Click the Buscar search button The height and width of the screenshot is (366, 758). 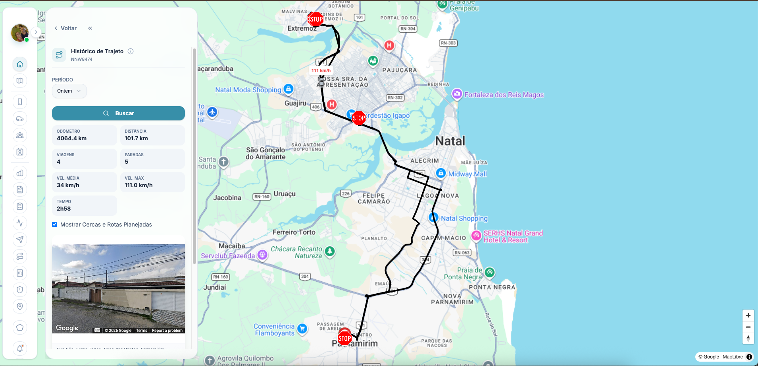click(x=118, y=113)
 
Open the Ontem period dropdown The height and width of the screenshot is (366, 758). click(x=69, y=91)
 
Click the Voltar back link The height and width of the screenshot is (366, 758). click(x=65, y=28)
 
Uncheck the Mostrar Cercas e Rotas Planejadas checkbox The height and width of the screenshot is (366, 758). click(x=55, y=225)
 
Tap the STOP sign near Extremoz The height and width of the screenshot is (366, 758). click(x=316, y=19)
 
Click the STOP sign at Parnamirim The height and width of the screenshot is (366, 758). click(x=344, y=339)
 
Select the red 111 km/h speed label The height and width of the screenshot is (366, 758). click(x=321, y=70)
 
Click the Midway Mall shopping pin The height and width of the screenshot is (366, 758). click(x=441, y=173)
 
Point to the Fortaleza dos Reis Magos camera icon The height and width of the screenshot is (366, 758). click(x=457, y=94)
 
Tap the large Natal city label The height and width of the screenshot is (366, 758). click(x=450, y=141)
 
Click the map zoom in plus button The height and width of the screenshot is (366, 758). click(x=748, y=316)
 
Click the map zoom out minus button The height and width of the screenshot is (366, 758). click(x=748, y=327)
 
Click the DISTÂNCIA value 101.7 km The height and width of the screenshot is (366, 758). click(x=136, y=138)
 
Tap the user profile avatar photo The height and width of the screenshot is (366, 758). click(x=19, y=33)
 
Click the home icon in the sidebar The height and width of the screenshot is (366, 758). click(x=20, y=64)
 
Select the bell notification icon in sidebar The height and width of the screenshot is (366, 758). click(x=20, y=349)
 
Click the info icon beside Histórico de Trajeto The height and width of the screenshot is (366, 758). click(x=131, y=51)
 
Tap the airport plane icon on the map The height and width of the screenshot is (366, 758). click(x=212, y=112)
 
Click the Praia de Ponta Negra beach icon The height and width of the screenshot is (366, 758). click(x=489, y=272)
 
